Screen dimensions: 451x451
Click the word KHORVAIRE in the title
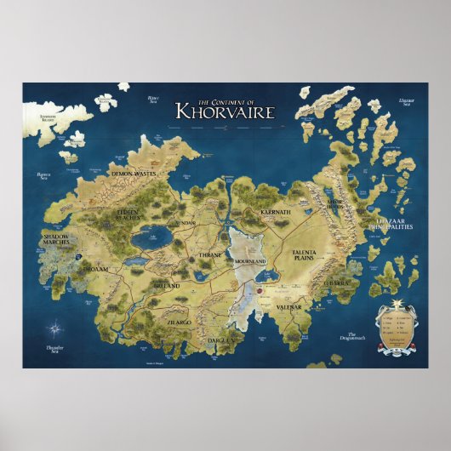[x=212, y=110]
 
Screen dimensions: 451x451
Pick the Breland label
[x=166, y=286]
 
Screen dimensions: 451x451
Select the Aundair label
[x=185, y=223]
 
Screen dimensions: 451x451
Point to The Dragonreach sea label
[x=353, y=338]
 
